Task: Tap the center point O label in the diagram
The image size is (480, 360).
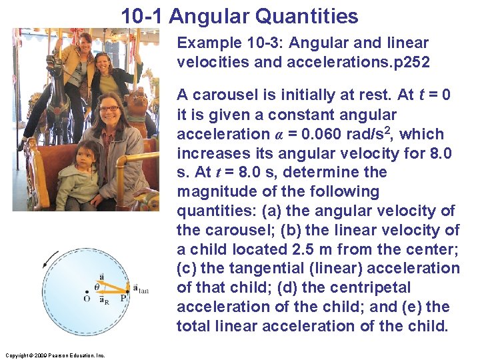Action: point(86,299)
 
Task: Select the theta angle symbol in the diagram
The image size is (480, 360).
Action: point(97,285)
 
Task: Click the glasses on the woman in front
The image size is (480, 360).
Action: point(109,108)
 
